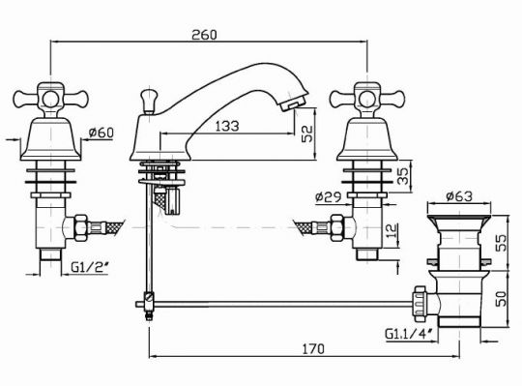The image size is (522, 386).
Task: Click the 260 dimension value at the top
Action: click(x=204, y=35)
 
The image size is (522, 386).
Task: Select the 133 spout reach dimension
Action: click(x=227, y=126)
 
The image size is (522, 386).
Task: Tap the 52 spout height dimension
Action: click(x=307, y=134)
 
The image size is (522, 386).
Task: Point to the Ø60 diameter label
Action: click(x=101, y=133)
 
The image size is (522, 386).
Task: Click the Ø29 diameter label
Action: click(x=329, y=197)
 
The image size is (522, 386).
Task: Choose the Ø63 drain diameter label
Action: click(x=459, y=196)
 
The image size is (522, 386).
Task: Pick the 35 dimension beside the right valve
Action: click(x=402, y=175)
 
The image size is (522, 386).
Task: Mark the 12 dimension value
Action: click(x=392, y=230)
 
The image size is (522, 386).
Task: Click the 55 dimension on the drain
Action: click(x=501, y=243)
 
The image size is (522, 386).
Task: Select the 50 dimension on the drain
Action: click(x=501, y=299)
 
